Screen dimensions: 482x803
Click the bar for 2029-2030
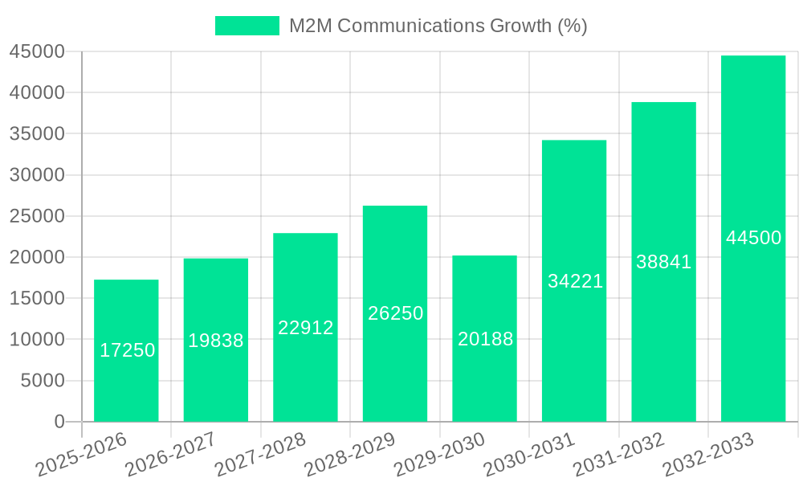click(x=484, y=378)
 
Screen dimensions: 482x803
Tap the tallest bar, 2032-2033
click(x=752, y=161)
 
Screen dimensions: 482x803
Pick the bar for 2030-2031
click(x=574, y=353)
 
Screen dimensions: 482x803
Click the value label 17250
click(x=128, y=350)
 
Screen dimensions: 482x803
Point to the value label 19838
click(x=216, y=341)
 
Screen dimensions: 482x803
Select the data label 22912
click(x=306, y=328)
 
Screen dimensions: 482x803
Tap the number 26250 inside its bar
click(x=395, y=313)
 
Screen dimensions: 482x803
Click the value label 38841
click(x=663, y=262)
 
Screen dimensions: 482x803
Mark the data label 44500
click(x=753, y=238)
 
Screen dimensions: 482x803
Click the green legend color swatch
click(x=247, y=26)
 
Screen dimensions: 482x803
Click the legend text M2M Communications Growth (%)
click(x=438, y=26)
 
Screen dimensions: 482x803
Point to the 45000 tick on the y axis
click(x=37, y=51)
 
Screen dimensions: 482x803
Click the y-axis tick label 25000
click(x=37, y=216)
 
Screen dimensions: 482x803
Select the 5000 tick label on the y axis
click(x=42, y=381)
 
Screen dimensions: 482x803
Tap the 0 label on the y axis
click(x=59, y=422)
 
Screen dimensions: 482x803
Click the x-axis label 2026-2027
click(x=169, y=455)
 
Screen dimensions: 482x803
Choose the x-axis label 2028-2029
click(x=349, y=455)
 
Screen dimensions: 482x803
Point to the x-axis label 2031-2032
click(x=618, y=455)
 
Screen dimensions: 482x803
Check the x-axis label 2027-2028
click(x=259, y=455)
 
